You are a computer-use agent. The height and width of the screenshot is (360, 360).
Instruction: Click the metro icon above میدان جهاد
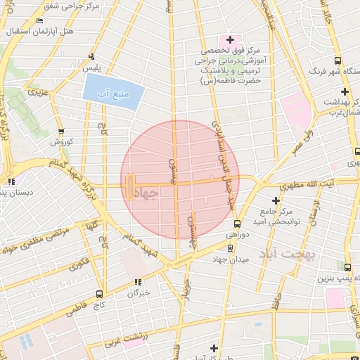pyautogui.click(x=230, y=248)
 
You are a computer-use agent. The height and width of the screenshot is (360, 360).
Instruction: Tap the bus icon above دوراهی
pyautogui.click(x=237, y=223)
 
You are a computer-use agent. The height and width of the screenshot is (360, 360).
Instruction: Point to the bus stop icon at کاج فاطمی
pyautogui.click(x=99, y=294)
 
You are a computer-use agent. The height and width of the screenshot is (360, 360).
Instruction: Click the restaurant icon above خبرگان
pyautogui.click(x=138, y=282)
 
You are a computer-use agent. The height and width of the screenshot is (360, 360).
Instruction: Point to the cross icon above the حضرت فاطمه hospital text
pyautogui.click(x=230, y=39)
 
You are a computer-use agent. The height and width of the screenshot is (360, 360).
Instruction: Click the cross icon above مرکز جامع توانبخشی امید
pyautogui.click(x=276, y=200)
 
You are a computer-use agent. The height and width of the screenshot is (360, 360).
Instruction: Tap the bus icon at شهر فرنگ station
pyautogui.click(x=338, y=60)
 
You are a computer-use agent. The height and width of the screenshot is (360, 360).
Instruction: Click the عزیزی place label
pyautogui.click(x=36, y=92)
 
